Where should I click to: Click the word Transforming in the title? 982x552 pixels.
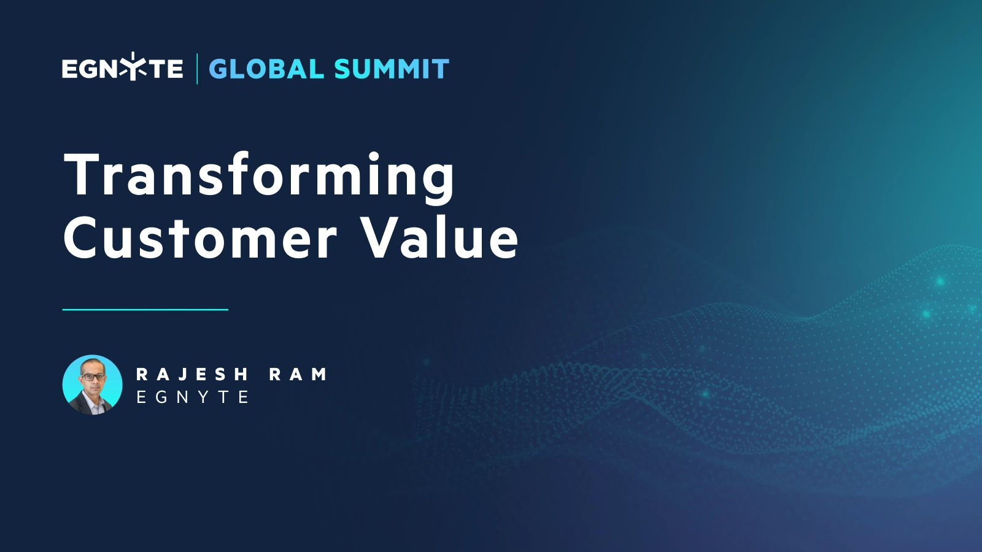click(x=259, y=176)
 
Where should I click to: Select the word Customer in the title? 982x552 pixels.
click(x=200, y=239)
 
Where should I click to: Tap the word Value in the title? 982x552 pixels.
click(x=439, y=239)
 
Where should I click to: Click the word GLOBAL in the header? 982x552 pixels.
click(x=266, y=69)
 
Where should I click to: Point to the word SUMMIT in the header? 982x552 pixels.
click(x=392, y=69)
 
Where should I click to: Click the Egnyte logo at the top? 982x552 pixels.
click(x=122, y=68)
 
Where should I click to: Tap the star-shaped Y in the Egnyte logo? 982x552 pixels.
click(x=133, y=67)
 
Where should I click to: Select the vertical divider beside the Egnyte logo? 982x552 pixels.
click(x=197, y=69)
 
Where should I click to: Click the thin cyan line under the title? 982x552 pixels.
click(x=145, y=310)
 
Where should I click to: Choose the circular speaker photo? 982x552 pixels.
click(x=93, y=385)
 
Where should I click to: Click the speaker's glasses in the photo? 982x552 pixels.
click(x=93, y=376)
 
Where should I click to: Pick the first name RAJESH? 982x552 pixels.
click(x=191, y=374)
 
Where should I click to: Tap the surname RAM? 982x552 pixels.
click(x=298, y=374)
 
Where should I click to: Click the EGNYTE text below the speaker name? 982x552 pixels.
click(x=192, y=397)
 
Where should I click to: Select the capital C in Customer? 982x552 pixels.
click(x=83, y=238)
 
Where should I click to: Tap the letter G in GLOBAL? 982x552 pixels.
click(x=219, y=69)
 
